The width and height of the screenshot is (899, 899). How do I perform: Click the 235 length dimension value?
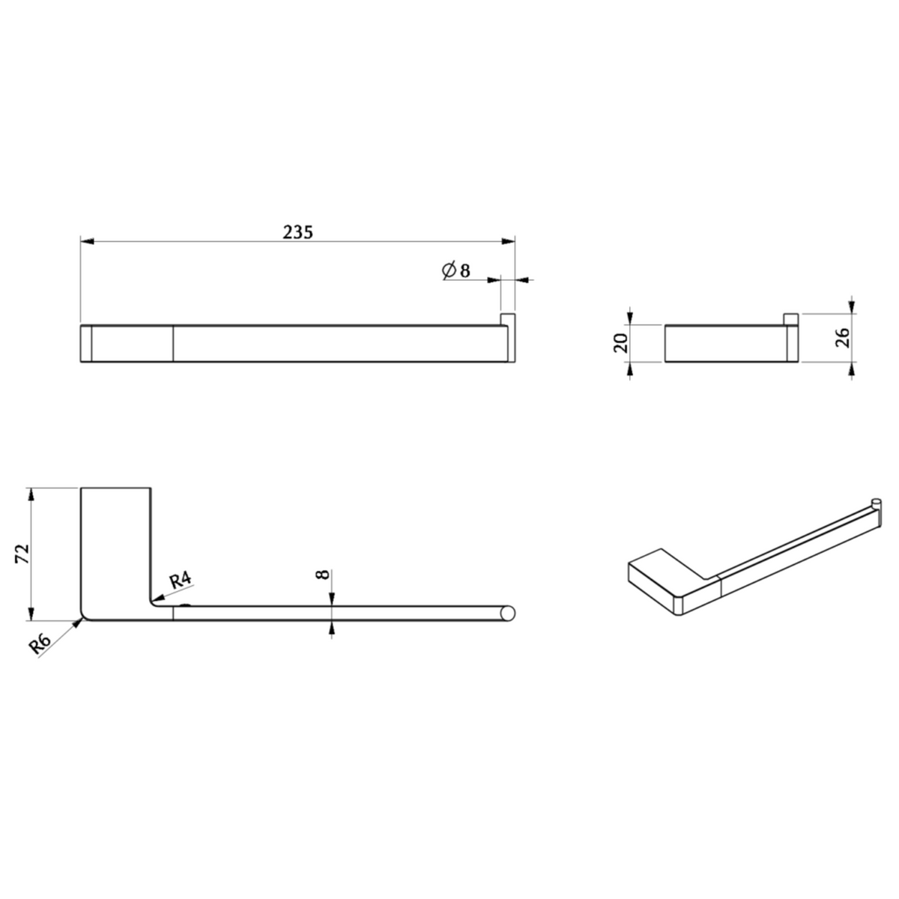point(298,232)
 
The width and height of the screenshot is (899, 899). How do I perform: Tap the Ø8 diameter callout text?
point(456,270)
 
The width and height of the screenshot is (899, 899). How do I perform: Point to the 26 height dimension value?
point(844,338)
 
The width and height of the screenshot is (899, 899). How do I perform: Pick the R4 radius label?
point(180,580)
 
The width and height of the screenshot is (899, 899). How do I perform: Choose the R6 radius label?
point(39,645)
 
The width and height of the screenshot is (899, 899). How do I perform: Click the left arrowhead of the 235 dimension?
point(87,241)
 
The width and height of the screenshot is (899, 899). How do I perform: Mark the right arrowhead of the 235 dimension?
point(508,241)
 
